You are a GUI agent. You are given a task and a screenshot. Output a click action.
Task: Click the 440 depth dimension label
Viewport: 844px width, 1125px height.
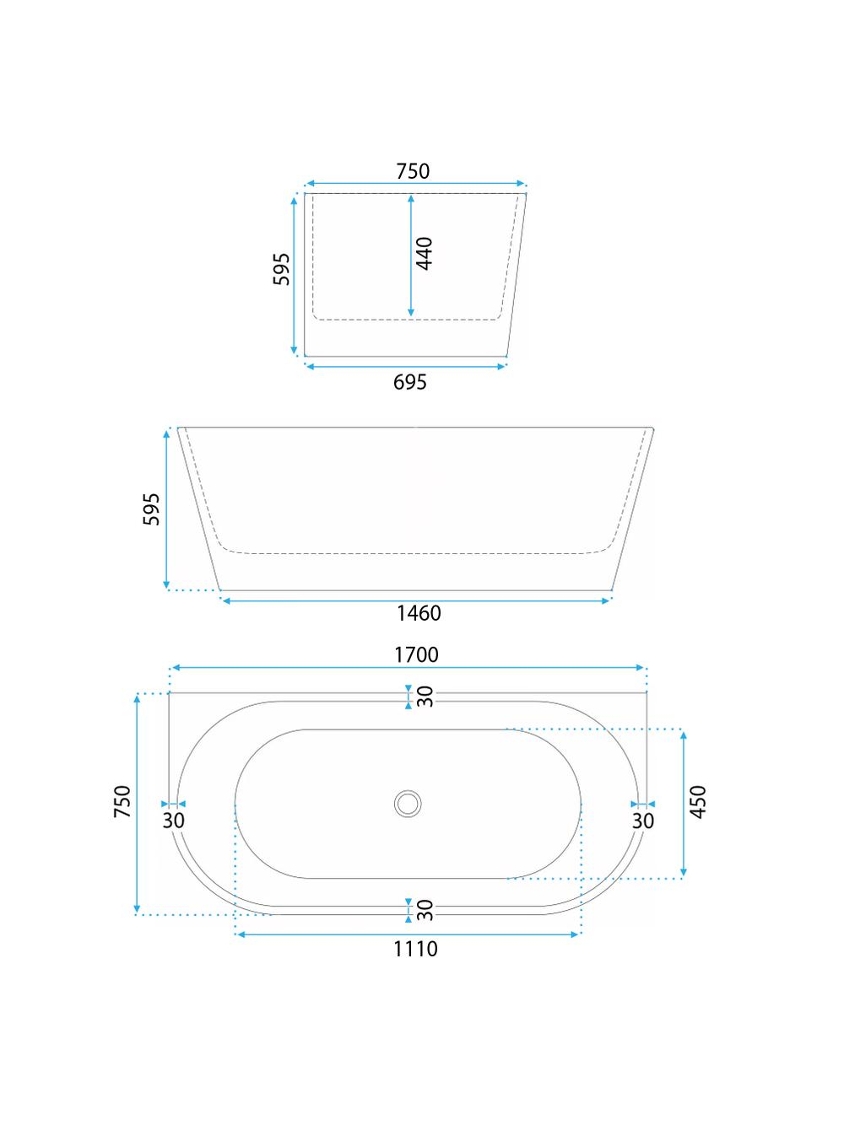coord(424,253)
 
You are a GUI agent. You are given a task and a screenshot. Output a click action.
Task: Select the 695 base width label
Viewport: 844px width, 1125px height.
coord(409,382)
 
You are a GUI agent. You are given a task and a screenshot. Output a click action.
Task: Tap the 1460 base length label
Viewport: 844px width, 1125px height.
coord(419,613)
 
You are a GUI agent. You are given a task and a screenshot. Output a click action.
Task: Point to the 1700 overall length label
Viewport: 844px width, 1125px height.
coord(416,654)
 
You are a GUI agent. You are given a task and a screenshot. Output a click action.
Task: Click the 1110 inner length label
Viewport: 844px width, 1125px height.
coord(415,949)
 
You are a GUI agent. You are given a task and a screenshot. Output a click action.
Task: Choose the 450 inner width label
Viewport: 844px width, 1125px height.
coord(698,802)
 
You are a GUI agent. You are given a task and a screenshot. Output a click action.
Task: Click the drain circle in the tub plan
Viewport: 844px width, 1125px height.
coord(408,803)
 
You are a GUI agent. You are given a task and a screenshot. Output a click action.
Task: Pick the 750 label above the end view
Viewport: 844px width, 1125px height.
coord(413,171)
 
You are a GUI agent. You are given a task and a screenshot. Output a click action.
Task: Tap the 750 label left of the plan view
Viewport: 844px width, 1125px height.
coord(122,801)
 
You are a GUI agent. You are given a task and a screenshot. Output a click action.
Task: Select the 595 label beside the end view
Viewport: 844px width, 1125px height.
coord(281,269)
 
